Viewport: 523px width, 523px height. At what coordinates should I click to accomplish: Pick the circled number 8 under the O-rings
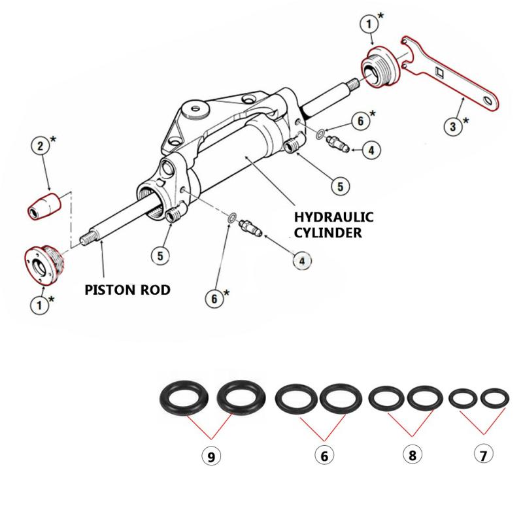[x=411, y=456]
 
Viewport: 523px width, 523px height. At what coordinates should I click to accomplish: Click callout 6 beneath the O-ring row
[x=322, y=456]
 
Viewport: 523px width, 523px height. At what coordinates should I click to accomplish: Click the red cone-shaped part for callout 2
[x=43, y=205]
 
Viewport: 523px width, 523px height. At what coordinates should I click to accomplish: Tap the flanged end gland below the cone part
[x=42, y=264]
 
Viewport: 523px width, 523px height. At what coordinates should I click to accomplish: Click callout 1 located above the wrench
[x=370, y=25]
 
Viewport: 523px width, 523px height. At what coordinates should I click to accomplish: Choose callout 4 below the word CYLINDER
[x=301, y=260]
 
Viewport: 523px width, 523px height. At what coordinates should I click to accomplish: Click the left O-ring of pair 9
[x=184, y=397]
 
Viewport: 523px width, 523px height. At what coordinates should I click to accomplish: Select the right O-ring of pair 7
[x=494, y=397]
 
